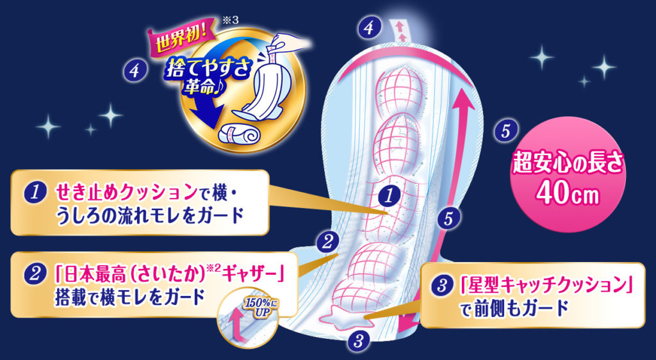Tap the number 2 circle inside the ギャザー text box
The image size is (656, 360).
[33, 275]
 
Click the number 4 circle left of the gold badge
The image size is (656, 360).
[134, 70]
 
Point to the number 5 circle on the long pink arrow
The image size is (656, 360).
[448, 219]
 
